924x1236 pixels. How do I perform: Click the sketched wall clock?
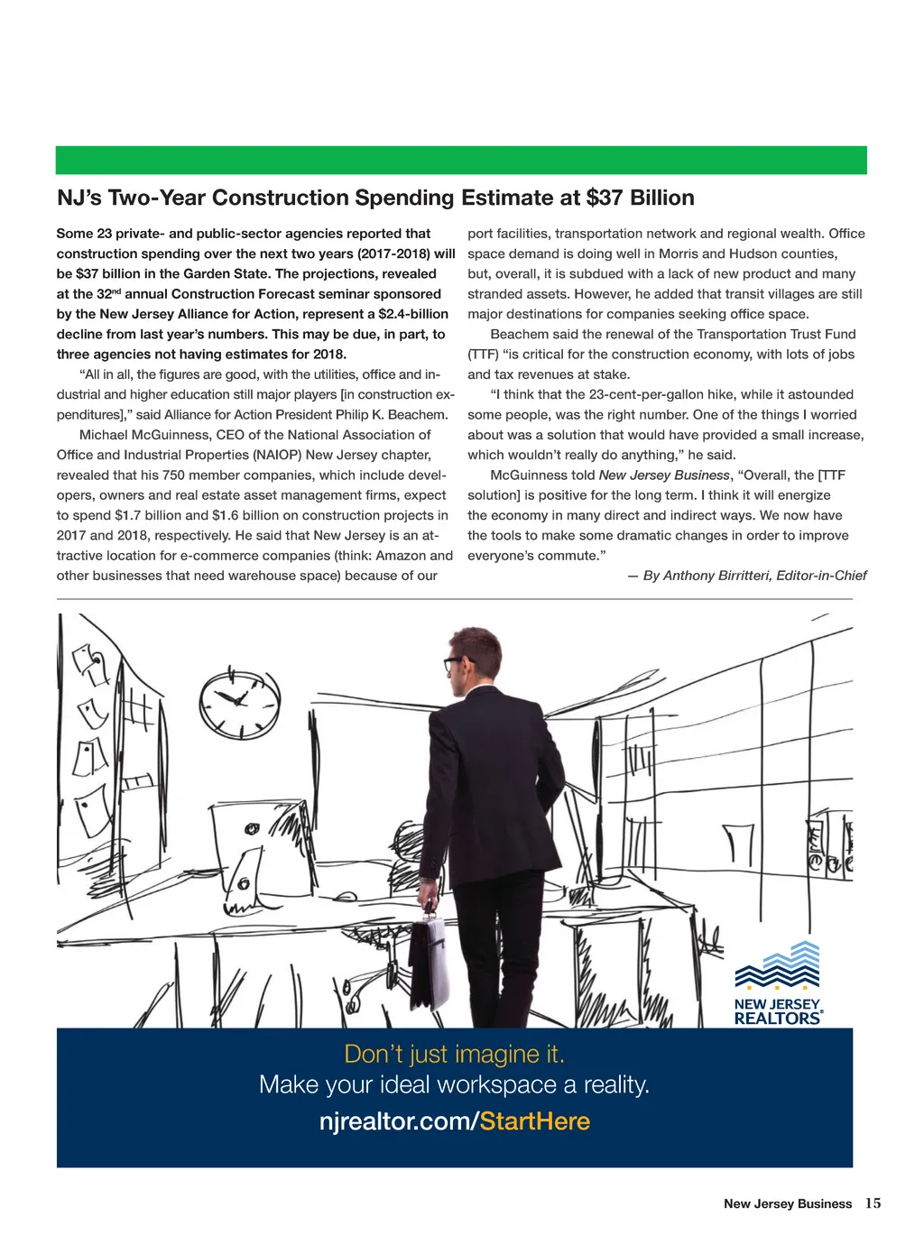pos(239,703)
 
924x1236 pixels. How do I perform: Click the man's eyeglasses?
pos(454,663)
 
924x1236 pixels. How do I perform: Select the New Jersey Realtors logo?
pos(778,983)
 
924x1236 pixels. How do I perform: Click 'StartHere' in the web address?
pos(535,1121)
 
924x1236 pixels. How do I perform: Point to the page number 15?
pos(873,1204)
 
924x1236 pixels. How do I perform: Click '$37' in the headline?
pos(605,198)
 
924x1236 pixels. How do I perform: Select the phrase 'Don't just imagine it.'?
pos(454,1054)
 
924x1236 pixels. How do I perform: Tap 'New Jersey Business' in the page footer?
pos(787,1204)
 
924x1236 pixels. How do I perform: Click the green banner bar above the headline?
pos(461,160)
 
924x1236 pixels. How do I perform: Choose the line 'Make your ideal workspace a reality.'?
pos(454,1084)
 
